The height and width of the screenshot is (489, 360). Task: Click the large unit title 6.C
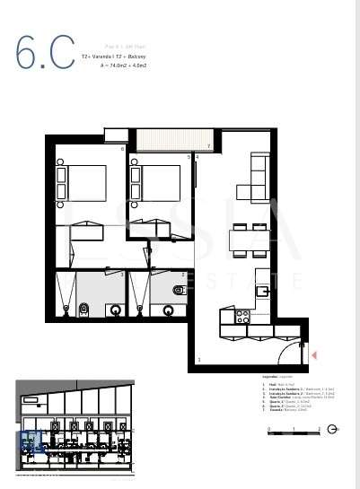pos(44,54)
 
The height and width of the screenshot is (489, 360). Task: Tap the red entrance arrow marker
pos(313,356)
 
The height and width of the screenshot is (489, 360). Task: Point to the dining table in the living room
pos(248,241)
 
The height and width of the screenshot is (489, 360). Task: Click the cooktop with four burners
pos(242,316)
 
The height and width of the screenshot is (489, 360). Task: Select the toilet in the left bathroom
pos(85,310)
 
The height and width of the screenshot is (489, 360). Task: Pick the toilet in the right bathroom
pos(178,291)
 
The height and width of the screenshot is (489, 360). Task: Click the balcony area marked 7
pos(171,142)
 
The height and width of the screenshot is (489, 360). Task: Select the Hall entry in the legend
pos(272,383)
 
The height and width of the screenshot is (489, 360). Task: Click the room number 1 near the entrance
pos(199,361)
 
